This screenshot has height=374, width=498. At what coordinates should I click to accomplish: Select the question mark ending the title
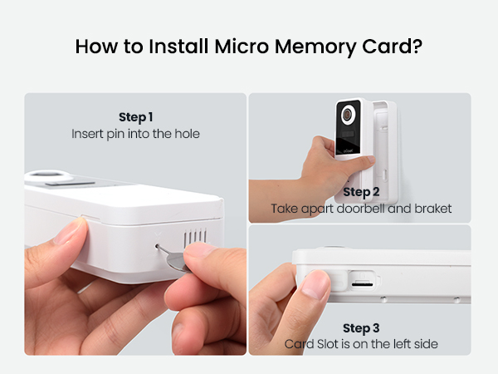click(417, 46)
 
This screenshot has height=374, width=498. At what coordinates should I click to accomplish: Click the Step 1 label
click(135, 117)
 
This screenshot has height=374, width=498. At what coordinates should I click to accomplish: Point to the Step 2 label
click(361, 192)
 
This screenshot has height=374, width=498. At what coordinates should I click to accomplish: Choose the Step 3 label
click(361, 328)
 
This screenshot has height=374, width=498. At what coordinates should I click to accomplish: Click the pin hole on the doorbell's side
click(159, 245)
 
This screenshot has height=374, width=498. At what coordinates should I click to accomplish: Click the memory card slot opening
click(361, 283)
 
